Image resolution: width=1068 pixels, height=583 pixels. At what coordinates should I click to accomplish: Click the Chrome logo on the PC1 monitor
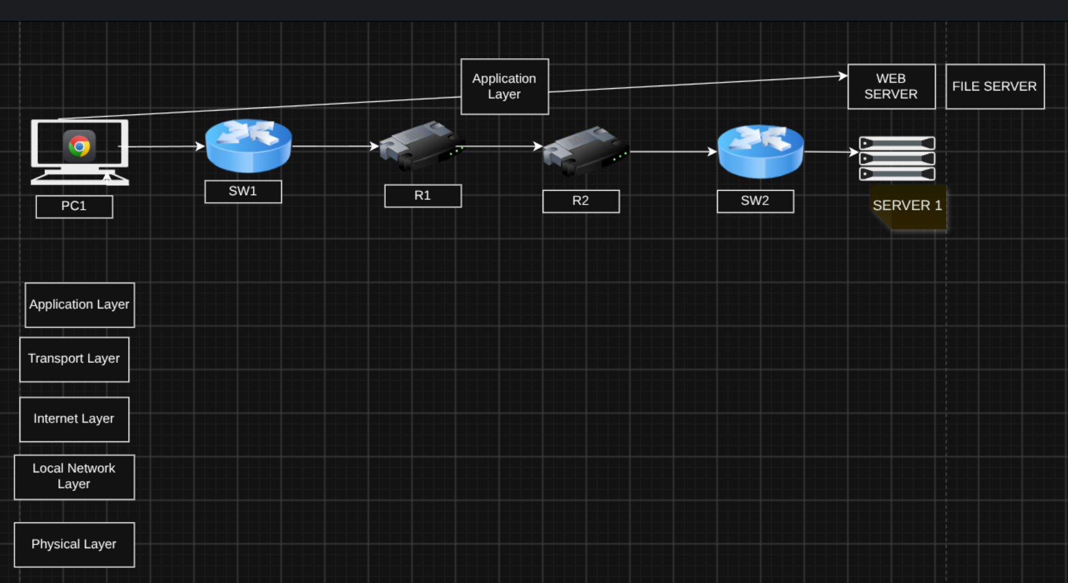pos(80,146)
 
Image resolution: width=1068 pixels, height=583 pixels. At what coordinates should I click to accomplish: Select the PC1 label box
pos(74,207)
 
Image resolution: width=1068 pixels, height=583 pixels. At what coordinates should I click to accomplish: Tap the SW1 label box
pos(243,192)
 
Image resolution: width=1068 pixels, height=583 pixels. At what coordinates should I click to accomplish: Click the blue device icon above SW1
pos(248,145)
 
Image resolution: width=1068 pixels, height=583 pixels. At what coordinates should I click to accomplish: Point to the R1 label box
pos(423,196)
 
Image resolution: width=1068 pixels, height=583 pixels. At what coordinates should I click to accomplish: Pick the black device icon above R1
pos(422,145)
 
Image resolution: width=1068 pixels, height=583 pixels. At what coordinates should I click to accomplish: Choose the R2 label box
pos(581,201)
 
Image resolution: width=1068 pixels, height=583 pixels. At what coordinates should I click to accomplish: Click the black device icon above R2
pos(586,151)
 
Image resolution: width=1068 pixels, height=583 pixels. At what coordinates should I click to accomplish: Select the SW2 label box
pos(755,201)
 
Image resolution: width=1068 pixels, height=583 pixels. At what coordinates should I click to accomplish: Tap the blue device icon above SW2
pos(761,151)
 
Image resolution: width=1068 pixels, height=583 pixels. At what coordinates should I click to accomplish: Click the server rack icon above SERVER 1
pos(897,159)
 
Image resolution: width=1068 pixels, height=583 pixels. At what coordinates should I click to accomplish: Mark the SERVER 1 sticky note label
pos(908,207)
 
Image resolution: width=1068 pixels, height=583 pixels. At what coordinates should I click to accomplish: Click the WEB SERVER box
pos(891,87)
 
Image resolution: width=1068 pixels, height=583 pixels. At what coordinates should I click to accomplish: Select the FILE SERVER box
pos(995,87)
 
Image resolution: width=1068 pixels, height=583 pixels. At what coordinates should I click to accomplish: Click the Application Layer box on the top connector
pos(505,87)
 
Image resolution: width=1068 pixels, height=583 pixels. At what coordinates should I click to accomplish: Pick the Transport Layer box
pos(74,360)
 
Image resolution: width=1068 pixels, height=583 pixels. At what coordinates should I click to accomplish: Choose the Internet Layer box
pos(74,420)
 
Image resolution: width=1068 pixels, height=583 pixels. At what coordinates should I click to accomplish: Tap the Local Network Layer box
pos(74,477)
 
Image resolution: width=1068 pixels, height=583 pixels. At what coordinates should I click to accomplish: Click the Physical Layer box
pos(74,545)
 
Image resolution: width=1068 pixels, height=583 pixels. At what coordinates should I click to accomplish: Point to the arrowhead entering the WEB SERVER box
pos(844,76)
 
